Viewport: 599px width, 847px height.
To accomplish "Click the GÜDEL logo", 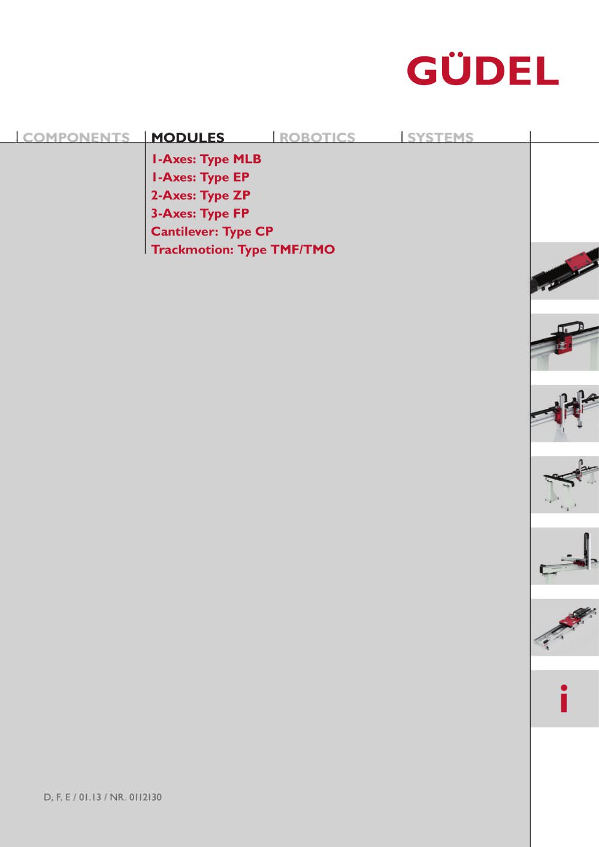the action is (483, 70).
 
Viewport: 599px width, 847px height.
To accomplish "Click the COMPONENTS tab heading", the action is (76, 137).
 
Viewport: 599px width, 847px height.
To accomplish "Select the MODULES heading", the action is (188, 137).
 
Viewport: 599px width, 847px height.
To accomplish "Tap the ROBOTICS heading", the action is (317, 137).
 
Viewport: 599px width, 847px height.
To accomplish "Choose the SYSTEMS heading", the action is (440, 137).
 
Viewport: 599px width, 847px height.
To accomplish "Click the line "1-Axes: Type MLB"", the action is (206, 159).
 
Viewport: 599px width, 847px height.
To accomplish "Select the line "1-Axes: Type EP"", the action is (200, 177).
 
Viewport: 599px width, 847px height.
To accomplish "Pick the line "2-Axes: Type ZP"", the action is (200, 195).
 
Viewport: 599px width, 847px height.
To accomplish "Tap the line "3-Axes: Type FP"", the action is (200, 213).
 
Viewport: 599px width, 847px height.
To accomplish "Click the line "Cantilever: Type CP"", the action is (212, 232).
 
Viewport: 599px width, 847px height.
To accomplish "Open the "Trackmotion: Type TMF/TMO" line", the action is (243, 249).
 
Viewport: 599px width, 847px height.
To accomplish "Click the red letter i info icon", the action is (564, 698).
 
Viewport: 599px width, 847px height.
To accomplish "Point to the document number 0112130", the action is (145, 797).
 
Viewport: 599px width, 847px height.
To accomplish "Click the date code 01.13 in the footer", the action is (90, 797).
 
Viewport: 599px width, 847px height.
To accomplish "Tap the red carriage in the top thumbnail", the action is (577, 262).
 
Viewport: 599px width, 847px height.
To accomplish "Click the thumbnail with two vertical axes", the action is (565, 413).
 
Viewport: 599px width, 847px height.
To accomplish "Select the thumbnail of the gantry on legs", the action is (565, 485).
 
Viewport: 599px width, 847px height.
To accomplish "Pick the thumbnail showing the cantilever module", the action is (565, 556).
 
